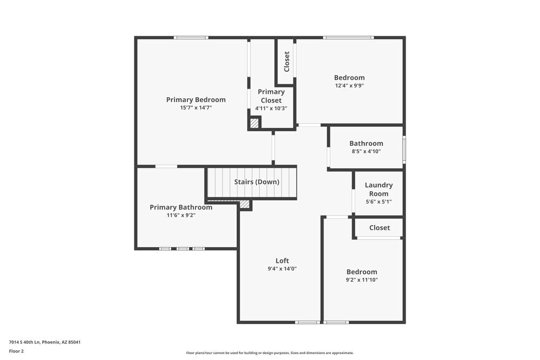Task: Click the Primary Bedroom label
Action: (195, 100)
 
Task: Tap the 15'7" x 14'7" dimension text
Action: (195, 108)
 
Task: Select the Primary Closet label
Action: (271, 96)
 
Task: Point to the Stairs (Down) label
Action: (256, 182)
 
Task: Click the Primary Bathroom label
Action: (181, 207)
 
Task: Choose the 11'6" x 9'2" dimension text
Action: (181, 215)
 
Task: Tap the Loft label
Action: (282, 261)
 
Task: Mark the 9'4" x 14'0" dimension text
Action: (282, 269)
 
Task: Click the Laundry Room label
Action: (379, 189)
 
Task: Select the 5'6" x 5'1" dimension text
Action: (379, 202)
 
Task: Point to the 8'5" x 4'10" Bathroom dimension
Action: (366, 152)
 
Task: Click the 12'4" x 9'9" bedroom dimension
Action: (349, 85)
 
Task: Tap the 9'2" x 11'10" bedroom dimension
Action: (362, 280)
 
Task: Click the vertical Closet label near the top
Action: (287, 62)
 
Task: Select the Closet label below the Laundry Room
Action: (379, 228)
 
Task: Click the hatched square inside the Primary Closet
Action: (254, 123)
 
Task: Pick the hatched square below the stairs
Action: (245, 204)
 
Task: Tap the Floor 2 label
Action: (16, 351)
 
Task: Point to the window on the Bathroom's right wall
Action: (404, 150)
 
